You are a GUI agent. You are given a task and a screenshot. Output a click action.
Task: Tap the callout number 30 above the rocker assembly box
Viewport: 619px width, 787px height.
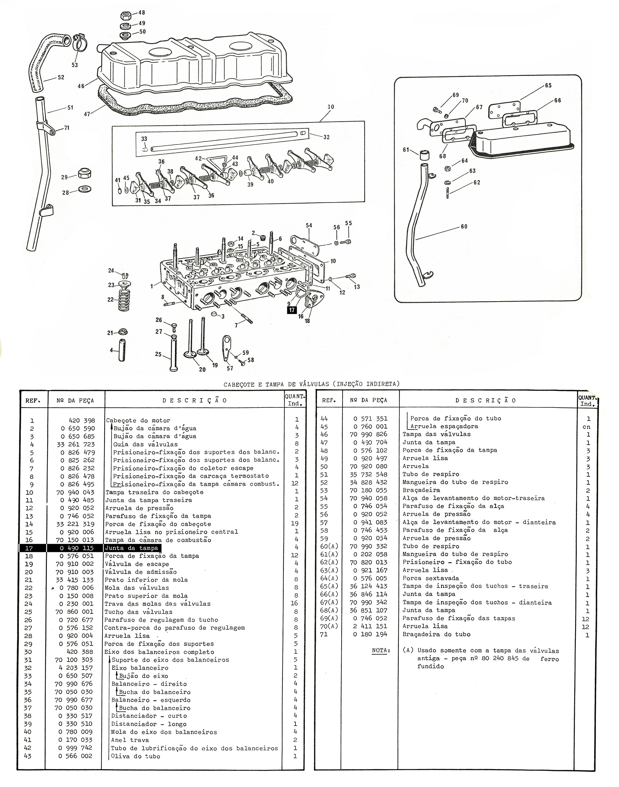pyautogui.click(x=330, y=107)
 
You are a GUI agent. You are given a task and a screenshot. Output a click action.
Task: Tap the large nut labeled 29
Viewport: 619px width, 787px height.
pyautogui.click(x=84, y=174)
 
